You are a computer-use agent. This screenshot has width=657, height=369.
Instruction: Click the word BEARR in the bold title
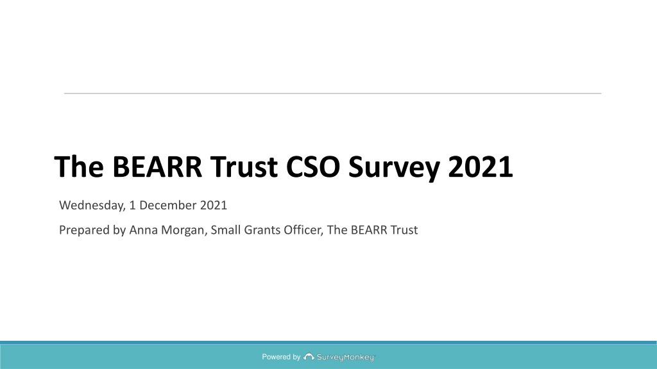[x=157, y=167]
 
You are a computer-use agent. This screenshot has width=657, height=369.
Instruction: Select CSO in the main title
[x=312, y=167]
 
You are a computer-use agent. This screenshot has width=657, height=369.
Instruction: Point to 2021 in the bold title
[x=480, y=167]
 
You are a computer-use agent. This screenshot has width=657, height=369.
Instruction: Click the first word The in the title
[x=79, y=167]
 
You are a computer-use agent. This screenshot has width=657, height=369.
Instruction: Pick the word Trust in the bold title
[x=244, y=167]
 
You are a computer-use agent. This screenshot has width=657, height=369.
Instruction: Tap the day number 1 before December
[x=133, y=205]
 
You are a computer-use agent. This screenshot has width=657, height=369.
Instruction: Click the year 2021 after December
[x=214, y=205]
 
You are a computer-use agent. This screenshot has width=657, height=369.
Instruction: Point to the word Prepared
[x=84, y=230]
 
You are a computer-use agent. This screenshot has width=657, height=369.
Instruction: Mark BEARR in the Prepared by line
[x=369, y=230]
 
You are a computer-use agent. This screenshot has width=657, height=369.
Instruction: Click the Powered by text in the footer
[x=281, y=357]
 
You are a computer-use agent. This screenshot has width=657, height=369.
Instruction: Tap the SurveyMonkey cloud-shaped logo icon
[x=309, y=357]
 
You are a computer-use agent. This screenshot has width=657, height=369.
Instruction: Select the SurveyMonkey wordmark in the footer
[x=345, y=357]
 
